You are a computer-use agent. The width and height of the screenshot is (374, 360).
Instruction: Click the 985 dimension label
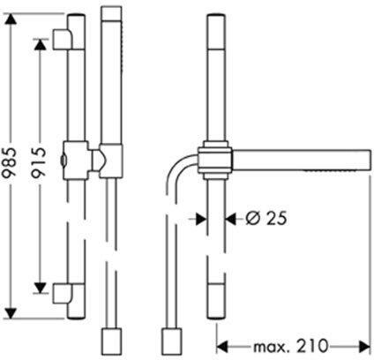[11, 167]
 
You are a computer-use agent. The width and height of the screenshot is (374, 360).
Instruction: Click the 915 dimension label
[39, 163]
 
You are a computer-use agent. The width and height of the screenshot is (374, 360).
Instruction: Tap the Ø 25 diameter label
[266, 219]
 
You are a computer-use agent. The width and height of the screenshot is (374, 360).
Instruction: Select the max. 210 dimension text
[290, 346]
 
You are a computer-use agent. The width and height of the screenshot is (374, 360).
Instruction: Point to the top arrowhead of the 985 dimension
[11, 19]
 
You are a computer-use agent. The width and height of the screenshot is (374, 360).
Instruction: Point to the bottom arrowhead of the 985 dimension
[11, 313]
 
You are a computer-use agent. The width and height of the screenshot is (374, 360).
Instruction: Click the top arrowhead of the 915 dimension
[40, 44]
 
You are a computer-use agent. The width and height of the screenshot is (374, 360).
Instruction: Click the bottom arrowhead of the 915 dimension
[40, 288]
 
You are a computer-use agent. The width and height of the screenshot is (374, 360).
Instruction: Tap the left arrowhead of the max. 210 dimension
[222, 347]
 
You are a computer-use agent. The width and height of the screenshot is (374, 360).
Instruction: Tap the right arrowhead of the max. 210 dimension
[364, 347]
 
